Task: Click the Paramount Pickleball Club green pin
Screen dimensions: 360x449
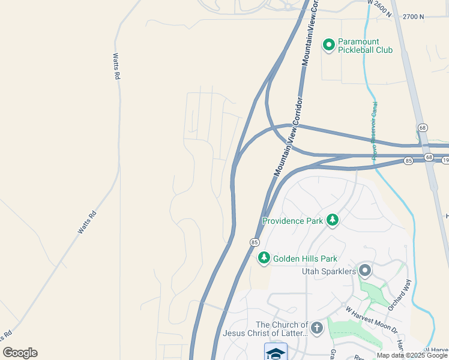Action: point(329,44)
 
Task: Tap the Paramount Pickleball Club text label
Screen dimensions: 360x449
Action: point(365,46)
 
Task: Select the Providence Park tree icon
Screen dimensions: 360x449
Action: point(332,221)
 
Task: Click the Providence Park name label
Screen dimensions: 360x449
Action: point(293,221)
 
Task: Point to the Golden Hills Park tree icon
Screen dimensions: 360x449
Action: point(264,259)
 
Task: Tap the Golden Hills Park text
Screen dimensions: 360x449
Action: point(305,259)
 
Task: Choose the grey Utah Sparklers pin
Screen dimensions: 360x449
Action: point(365,271)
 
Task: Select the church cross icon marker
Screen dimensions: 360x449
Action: point(317,328)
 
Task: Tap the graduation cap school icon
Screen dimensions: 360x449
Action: point(276,353)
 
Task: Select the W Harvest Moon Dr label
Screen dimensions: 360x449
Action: point(372,320)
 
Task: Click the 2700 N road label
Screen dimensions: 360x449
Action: point(414,17)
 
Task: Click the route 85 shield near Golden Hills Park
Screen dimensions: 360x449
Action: point(255,242)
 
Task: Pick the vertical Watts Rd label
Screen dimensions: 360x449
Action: point(116,67)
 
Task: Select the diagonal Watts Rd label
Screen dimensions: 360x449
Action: point(87,222)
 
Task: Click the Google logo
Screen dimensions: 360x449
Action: point(20,353)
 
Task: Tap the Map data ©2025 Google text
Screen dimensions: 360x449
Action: point(411,355)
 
